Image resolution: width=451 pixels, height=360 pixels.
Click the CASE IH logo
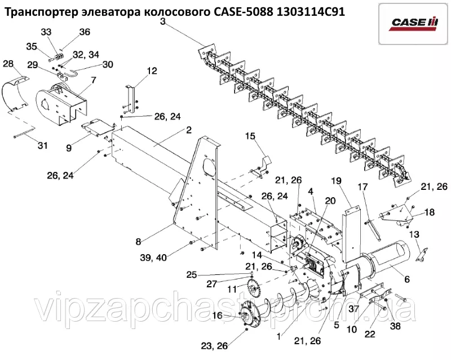(415, 24)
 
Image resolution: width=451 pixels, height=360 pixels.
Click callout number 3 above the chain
(163, 21)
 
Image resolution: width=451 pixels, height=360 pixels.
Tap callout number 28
(8, 64)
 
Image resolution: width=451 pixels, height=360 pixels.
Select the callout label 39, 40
(154, 257)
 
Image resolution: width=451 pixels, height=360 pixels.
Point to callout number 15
(250, 136)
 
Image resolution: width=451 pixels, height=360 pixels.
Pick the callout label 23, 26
(215, 346)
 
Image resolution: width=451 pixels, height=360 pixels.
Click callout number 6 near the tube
(406, 279)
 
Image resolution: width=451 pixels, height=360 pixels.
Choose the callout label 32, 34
(86, 54)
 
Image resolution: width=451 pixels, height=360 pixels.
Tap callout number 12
(152, 70)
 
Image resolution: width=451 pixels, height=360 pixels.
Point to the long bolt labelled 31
(24, 134)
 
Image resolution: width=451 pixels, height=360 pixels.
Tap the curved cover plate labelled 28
(16, 94)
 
